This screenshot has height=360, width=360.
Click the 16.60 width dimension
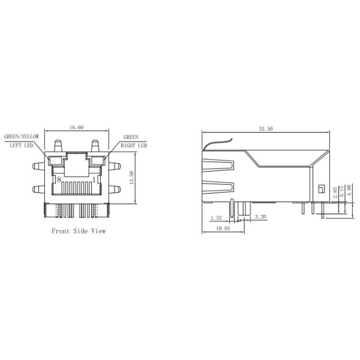pos(76,127)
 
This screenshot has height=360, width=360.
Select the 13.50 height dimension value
pos(131,178)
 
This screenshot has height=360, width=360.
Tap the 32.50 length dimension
pos(266,129)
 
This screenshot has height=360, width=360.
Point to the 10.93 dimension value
pos(223,229)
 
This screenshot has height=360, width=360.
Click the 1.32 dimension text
pos(216,218)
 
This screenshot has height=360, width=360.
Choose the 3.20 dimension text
pos(260,217)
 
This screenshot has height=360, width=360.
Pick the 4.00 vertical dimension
pos(349,190)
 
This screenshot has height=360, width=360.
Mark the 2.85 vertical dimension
pos(335,193)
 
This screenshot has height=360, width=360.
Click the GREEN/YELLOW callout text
pos(22,137)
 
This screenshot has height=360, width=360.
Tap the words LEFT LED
pos(22,145)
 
